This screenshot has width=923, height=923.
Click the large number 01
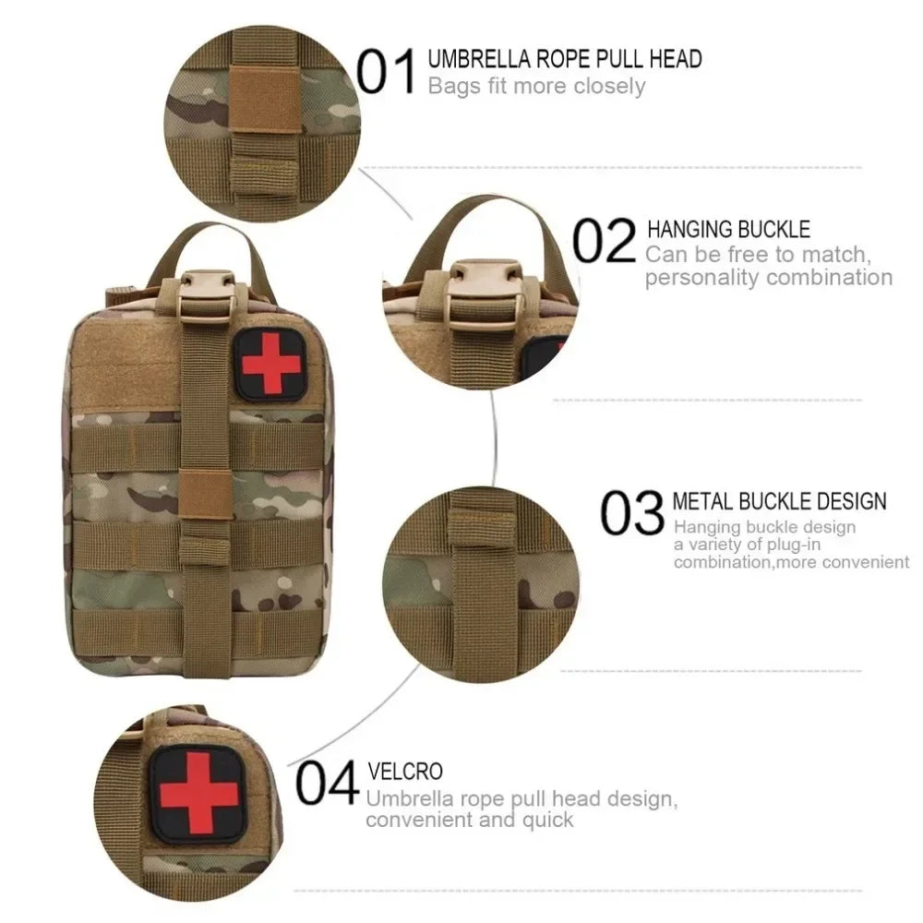(386, 73)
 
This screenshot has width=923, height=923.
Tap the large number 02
(605, 241)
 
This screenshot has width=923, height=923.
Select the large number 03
(632, 513)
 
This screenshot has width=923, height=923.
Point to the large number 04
(327, 784)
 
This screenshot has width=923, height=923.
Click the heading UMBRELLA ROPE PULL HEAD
(565, 59)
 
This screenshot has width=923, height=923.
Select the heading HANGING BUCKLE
(728, 229)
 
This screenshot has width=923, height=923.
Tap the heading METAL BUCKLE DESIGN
(779, 501)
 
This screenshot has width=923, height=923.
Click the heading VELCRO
(405, 771)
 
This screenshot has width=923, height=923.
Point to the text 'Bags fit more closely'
(536, 87)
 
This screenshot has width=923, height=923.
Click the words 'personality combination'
(769, 278)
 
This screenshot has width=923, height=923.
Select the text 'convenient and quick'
(470, 819)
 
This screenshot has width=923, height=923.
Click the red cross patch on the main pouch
(267, 363)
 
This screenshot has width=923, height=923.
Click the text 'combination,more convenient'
(791, 561)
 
